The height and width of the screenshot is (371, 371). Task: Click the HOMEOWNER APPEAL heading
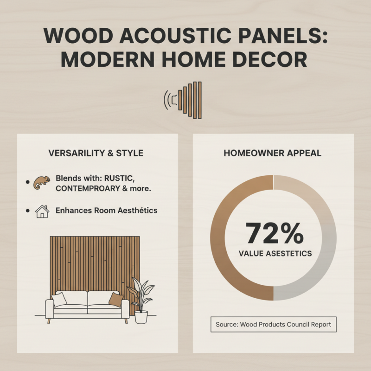tap(273, 154)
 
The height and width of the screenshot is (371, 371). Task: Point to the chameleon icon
tap(41, 183)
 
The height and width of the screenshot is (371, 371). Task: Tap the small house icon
tap(42, 211)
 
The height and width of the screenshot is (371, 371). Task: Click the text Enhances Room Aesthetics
tap(106, 211)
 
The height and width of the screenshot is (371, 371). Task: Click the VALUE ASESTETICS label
tap(275, 254)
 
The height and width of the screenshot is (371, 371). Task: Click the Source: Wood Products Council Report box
tap(273, 325)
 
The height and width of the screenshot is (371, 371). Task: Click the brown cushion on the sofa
tap(116, 300)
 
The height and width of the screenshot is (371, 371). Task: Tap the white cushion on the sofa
tap(59, 300)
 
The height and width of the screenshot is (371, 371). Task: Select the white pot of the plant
tap(141, 317)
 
